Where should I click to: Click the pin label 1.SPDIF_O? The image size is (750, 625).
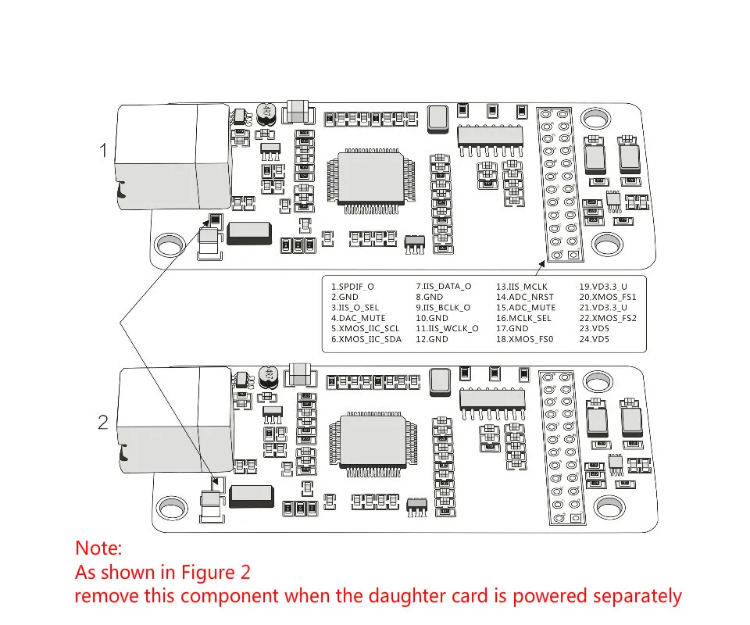pyautogui.click(x=352, y=287)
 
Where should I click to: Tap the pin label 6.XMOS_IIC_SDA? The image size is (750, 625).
pyautogui.click(x=366, y=339)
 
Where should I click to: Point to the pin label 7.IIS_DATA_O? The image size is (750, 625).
pyautogui.click(x=443, y=287)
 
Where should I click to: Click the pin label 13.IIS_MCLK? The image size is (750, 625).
pyautogui.click(x=522, y=287)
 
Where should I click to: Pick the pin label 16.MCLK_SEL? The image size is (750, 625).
pyautogui.click(x=523, y=318)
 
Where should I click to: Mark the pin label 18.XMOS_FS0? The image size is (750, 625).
pyautogui.click(x=524, y=339)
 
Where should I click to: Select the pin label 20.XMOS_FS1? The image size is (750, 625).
pyautogui.click(x=608, y=297)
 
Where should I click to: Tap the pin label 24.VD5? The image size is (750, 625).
pyautogui.click(x=595, y=339)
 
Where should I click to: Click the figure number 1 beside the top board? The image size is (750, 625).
pyautogui.click(x=103, y=150)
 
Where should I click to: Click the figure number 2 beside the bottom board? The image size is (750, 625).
pyautogui.click(x=103, y=423)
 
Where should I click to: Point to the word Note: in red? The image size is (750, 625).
pyautogui.click(x=99, y=548)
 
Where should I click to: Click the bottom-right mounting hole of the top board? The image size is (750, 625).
pyautogui.click(x=607, y=245)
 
